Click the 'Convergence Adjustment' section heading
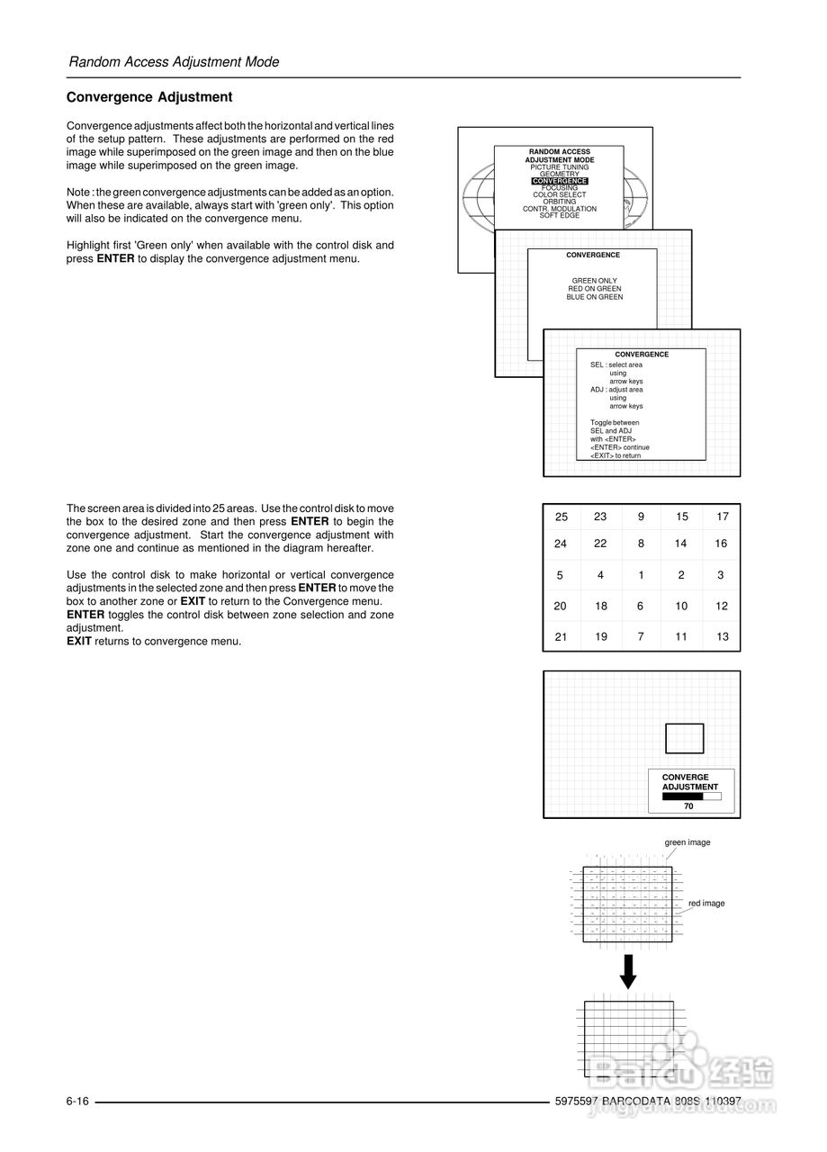pos(149,97)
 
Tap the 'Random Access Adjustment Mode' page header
pos(174,62)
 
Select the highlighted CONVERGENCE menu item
pos(559,181)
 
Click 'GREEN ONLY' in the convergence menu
pos(594,281)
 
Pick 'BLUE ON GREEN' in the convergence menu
pos(594,297)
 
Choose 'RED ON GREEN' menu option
pos(594,289)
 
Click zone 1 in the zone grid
pos(641,575)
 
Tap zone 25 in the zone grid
pos(562,517)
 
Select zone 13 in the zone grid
pos(723,636)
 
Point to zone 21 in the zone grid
pos(561,636)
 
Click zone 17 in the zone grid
pos(723,517)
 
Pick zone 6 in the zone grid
pos(641,606)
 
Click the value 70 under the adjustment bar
pos(688,806)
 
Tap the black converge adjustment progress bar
pos(683,796)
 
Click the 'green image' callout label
pos(688,842)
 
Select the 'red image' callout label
pos(706,904)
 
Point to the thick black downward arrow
pos(628,971)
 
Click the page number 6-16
pos(77,1102)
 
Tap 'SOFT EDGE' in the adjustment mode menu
pos(559,216)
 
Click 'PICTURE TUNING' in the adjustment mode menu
pos(559,167)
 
